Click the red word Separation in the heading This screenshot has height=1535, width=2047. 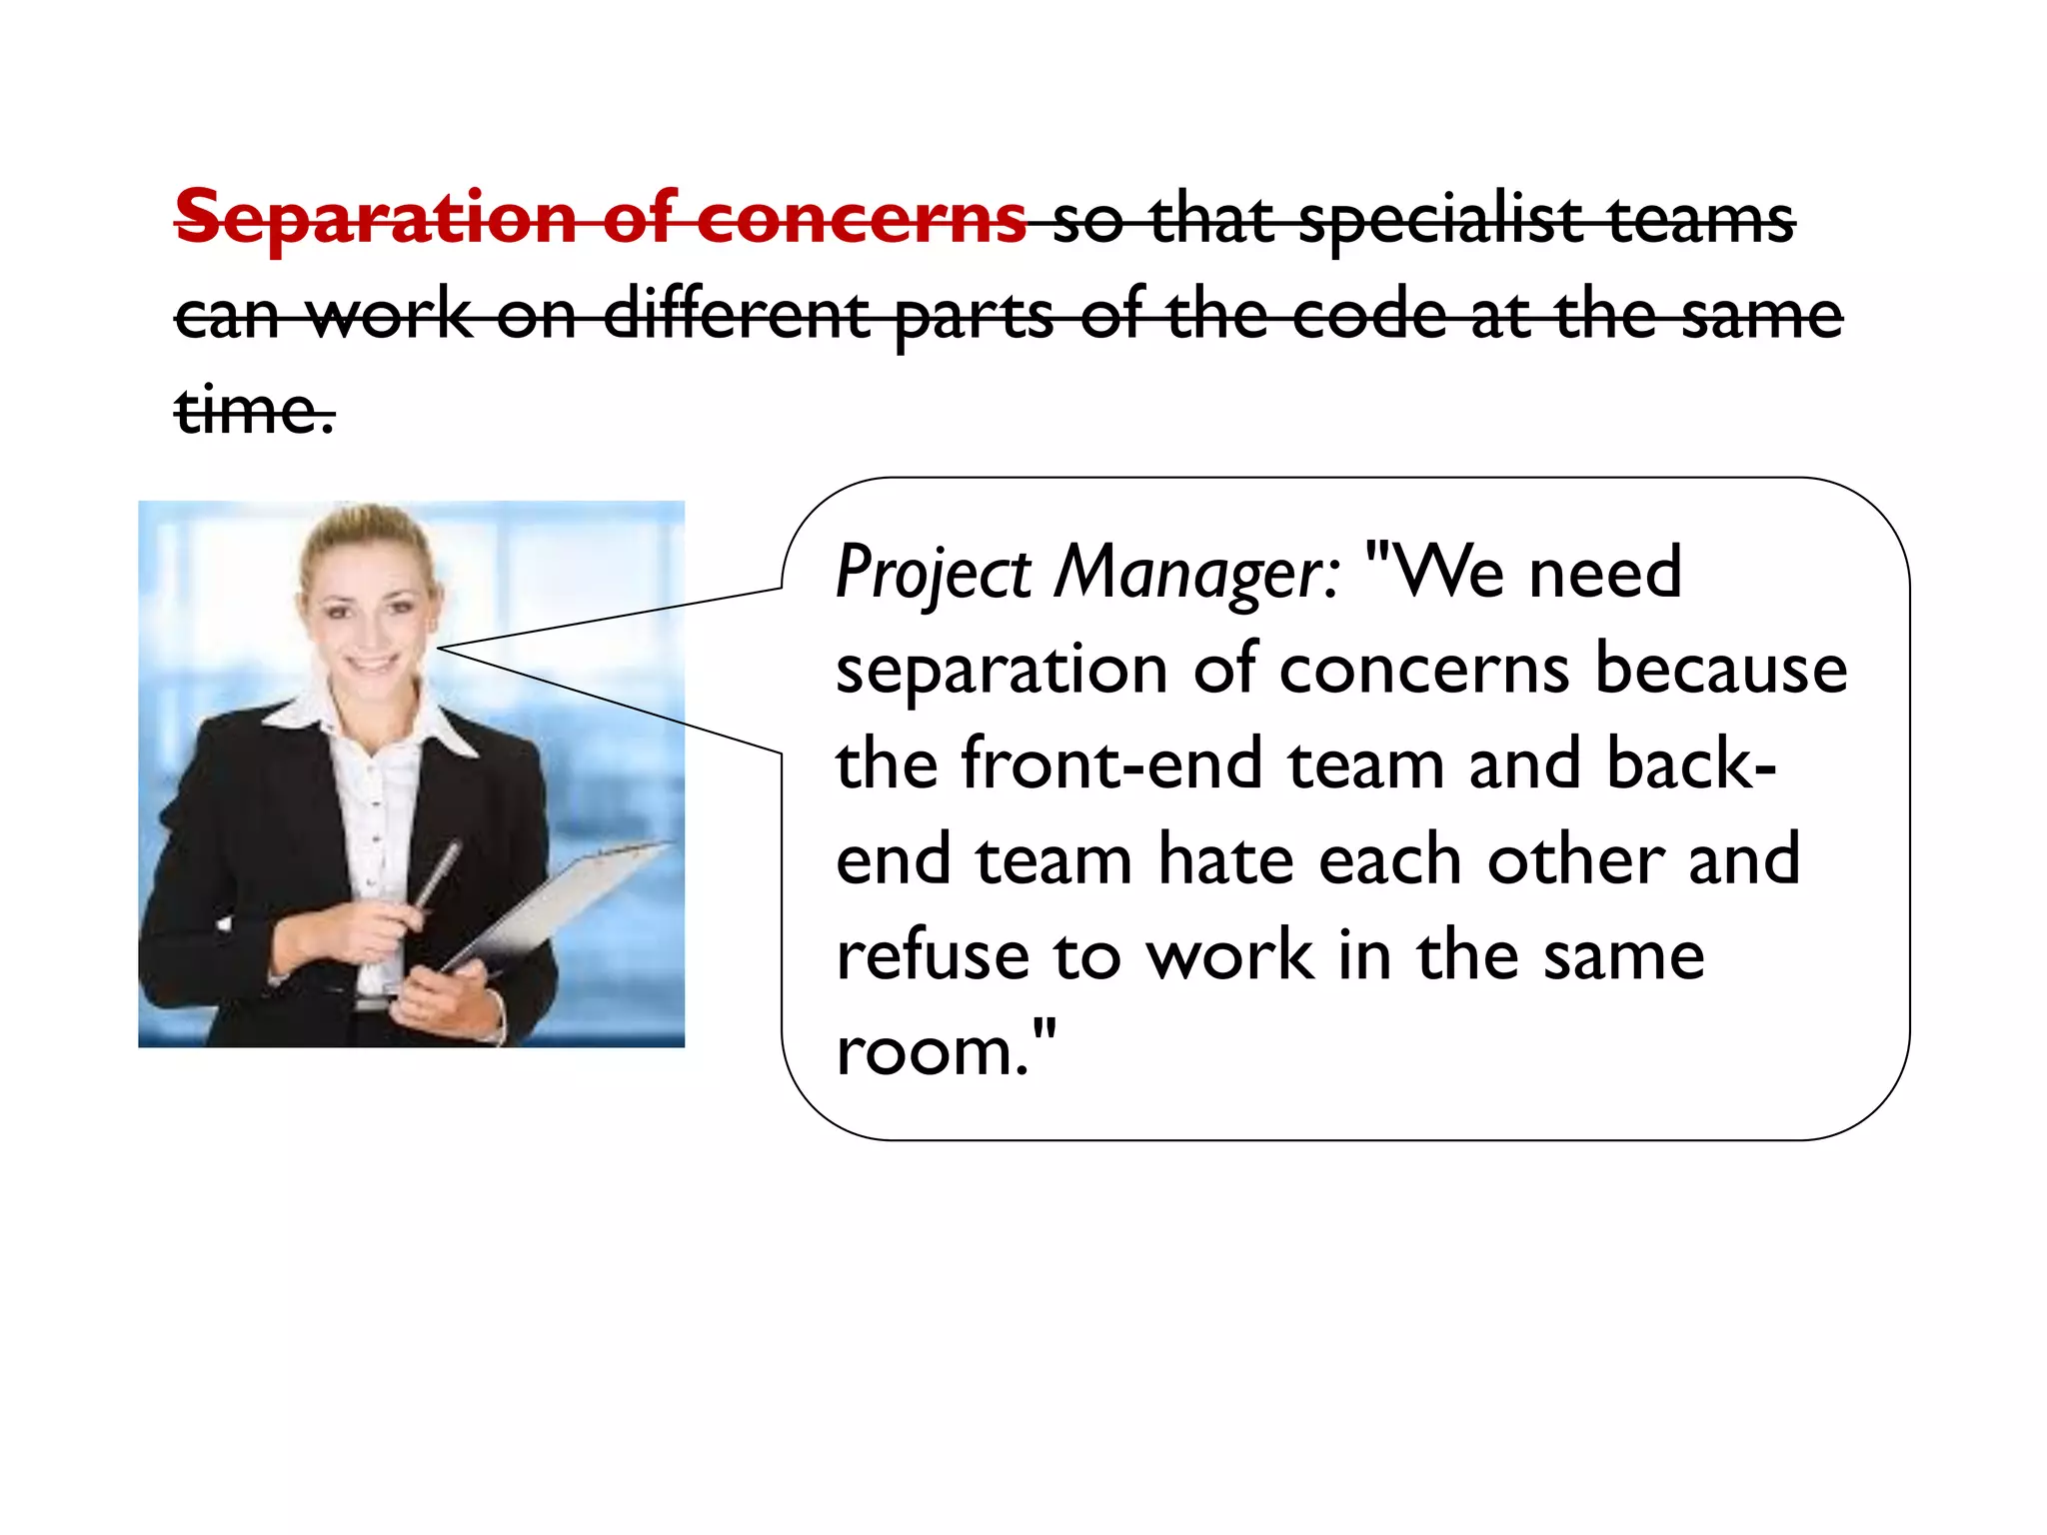click(376, 218)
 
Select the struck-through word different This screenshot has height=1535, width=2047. click(737, 316)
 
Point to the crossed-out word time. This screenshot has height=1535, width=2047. click(254, 411)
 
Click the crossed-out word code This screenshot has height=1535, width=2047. click(1368, 316)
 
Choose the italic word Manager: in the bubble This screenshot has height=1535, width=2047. click(1197, 574)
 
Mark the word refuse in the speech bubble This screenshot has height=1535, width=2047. click(932, 955)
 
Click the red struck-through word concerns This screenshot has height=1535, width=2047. click(861, 218)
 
